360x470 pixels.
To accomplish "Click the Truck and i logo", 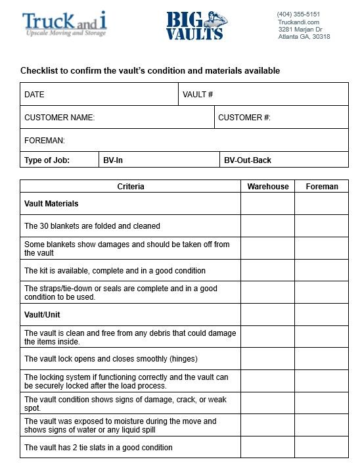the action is (64, 24).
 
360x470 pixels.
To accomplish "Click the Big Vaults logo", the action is (195, 26).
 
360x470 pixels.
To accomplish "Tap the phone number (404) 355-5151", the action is (298, 14).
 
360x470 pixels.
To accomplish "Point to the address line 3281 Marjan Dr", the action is (300, 30).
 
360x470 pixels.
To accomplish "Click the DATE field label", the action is (34, 95).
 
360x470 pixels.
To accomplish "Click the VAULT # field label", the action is (198, 95).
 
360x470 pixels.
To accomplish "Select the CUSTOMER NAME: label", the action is (60, 118).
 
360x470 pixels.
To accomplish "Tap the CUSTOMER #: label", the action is (244, 118).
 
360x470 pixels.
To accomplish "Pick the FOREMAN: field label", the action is (45, 141).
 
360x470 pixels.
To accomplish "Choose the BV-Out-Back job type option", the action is (248, 160).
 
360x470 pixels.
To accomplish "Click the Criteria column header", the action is (131, 187).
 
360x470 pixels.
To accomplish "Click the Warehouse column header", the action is (268, 187).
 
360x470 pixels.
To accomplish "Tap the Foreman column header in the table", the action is (322, 187).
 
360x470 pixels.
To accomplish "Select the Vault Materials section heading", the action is (51, 204).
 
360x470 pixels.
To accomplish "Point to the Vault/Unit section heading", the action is (42, 315).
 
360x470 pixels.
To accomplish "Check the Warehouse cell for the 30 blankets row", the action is (267, 226).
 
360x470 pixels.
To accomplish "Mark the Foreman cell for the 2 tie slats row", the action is (322, 448).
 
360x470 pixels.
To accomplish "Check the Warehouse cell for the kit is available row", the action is (267, 271).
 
